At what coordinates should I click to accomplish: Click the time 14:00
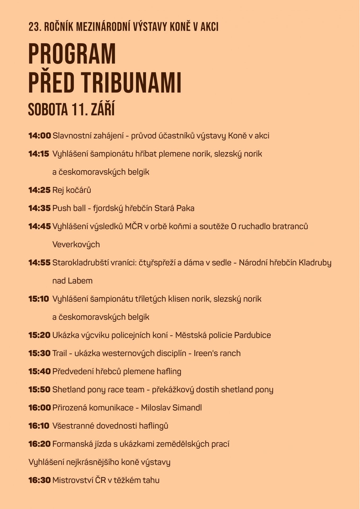pos(39,136)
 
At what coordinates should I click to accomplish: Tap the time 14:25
pos(39,190)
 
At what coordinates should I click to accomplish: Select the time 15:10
pos(39,299)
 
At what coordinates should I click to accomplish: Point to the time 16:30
pos(39,480)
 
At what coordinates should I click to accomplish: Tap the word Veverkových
pos(76,244)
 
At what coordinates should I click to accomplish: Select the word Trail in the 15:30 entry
pos(60,353)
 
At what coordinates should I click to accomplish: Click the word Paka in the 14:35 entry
pos(185,208)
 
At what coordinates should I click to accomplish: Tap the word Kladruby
pos(315,263)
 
